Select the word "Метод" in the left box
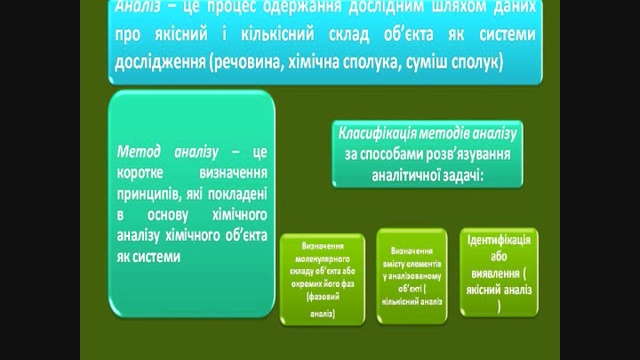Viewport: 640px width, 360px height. pos(140,148)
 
